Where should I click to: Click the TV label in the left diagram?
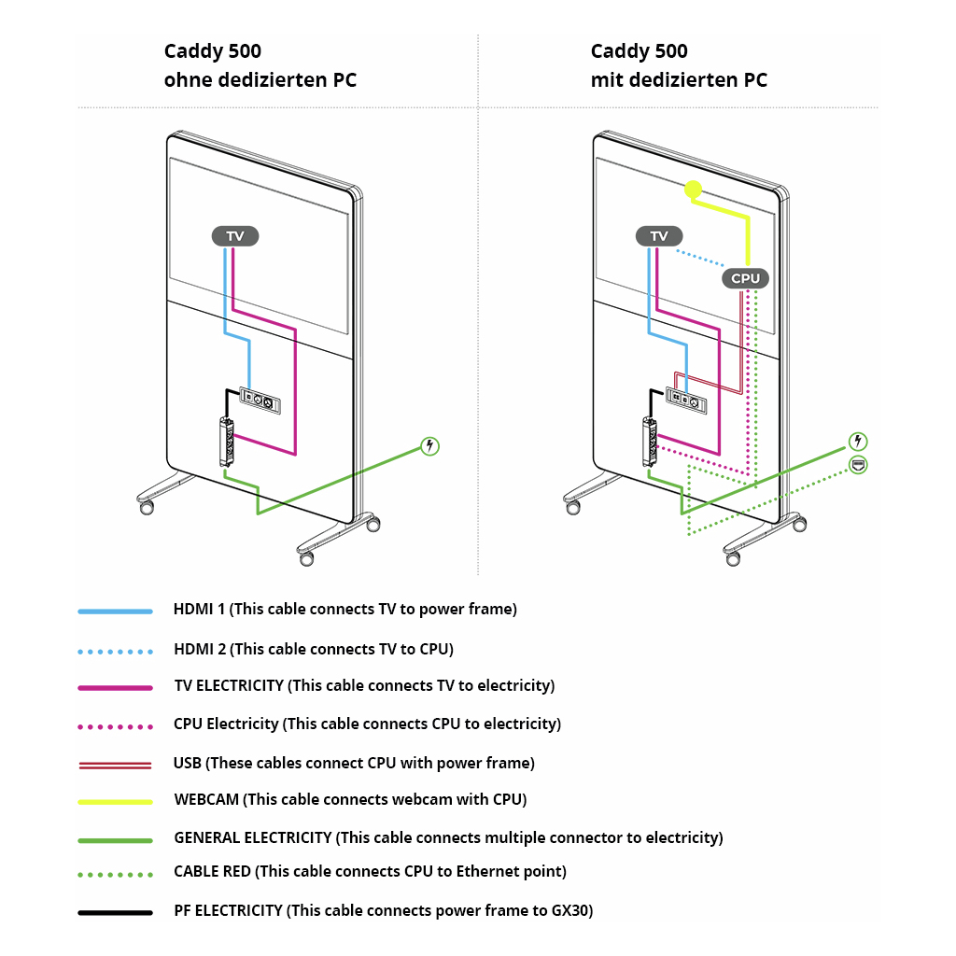pos(235,236)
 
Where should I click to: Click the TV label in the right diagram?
pos(659,236)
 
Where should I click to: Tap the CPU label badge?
pos(745,278)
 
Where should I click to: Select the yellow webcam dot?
pos(693,190)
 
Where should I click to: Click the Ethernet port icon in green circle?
pos(858,464)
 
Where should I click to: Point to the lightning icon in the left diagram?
pos(429,445)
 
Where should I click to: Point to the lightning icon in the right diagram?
pos(858,441)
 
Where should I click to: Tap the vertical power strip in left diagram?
pos(226,442)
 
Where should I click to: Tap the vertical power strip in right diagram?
pos(650,442)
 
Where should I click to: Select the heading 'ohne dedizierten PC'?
pos(260,80)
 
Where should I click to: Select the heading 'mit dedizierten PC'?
pos(679,80)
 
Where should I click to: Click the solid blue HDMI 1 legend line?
pos(115,612)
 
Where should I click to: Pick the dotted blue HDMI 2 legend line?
pos(115,650)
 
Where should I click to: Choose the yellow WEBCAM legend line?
pos(115,801)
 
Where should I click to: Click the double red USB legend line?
pos(115,765)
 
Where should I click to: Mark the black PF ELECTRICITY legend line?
pos(115,912)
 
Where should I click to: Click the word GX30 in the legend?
pos(571,910)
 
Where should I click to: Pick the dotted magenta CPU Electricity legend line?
pos(115,725)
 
